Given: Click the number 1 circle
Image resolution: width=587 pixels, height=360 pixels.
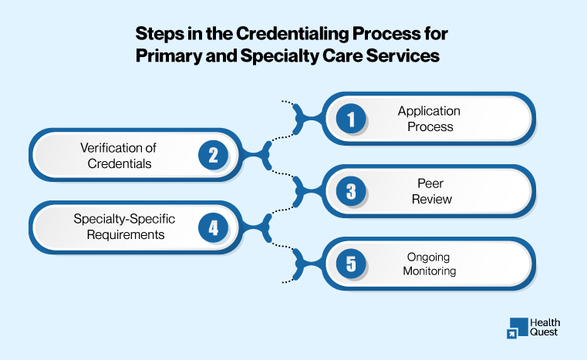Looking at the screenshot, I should click(x=351, y=119).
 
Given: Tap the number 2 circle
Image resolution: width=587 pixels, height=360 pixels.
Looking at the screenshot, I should click(x=213, y=156).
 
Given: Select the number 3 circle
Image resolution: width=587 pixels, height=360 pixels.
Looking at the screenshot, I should click(x=351, y=192).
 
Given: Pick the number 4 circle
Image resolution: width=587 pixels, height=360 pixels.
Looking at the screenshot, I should click(x=213, y=228).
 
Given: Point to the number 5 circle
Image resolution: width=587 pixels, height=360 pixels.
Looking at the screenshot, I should click(x=351, y=264).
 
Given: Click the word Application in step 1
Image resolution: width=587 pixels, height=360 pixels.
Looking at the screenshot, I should click(x=429, y=112).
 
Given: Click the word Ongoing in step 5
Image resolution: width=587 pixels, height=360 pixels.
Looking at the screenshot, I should click(x=429, y=257).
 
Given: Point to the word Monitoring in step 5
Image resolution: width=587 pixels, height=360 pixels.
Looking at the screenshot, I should click(x=429, y=271).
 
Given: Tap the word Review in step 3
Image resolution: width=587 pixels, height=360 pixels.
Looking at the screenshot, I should click(x=429, y=200).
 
